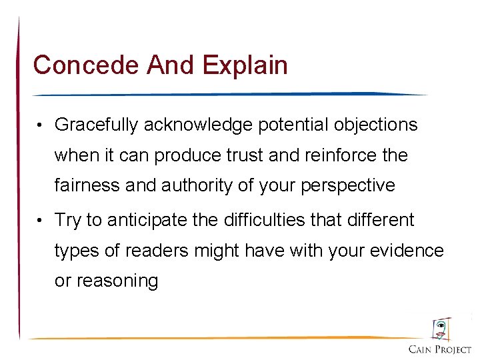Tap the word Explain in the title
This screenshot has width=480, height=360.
click(x=245, y=65)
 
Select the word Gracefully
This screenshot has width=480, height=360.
click(x=97, y=125)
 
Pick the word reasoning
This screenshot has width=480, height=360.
click(x=106, y=281)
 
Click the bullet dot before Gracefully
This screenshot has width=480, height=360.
click(x=41, y=125)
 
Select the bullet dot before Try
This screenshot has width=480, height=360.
click(x=41, y=220)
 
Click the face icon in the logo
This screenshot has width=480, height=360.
click(x=440, y=329)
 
